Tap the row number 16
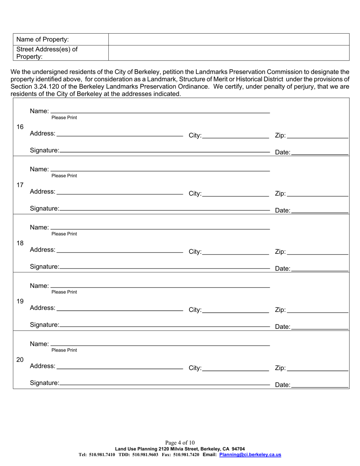tap(20, 127)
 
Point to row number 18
tap(20, 243)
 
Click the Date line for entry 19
tap(320, 327)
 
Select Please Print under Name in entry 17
tap(64, 176)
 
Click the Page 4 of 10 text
tap(180, 443)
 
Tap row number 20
tap(20, 360)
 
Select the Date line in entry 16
tap(320, 153)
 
